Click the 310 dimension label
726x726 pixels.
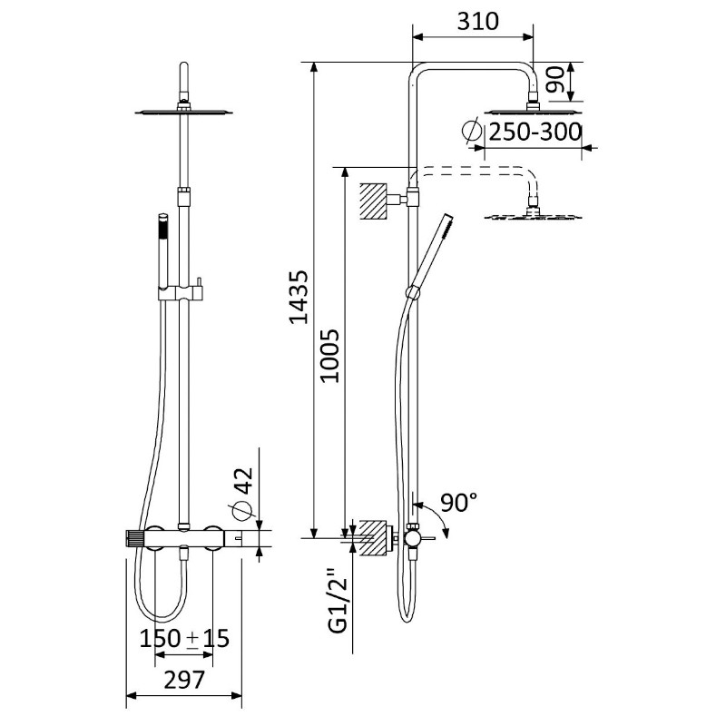[478, 21]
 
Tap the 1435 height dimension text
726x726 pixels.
[299, 297]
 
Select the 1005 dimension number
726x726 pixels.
[330, 355]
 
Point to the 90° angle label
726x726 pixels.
[458, 503]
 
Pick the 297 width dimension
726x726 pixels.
[184, 680]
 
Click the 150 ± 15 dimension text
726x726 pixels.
[184, 639]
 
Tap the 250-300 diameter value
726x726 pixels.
[535, 132]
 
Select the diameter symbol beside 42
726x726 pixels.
[243, 511]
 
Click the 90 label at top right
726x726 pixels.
[555, 80]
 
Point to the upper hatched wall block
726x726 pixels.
[373, 201]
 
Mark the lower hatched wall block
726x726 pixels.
[373, 537]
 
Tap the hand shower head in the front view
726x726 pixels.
[163, 250]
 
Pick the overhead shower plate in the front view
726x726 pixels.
[184, 111]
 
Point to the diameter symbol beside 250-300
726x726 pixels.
[472, 130]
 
